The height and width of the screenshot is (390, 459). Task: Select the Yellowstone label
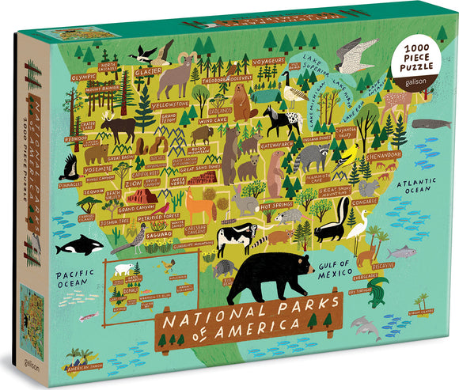(x=169, y=104)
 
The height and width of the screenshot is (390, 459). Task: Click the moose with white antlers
(x=119, y=126)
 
